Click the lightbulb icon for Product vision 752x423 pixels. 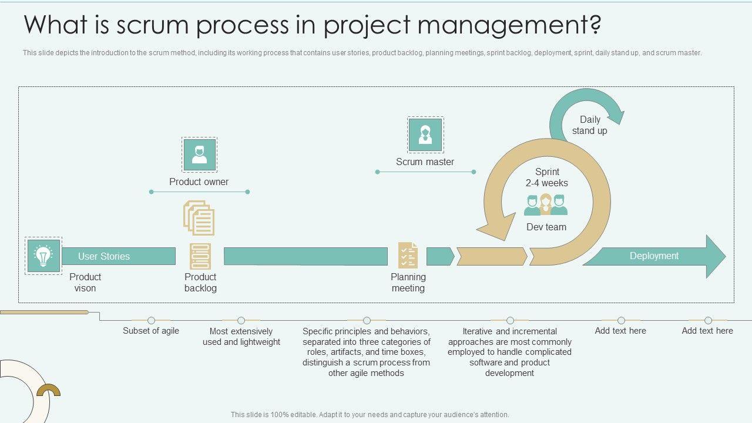point(43,256)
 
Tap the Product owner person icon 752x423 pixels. point(199,155)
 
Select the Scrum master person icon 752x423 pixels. point(425,135)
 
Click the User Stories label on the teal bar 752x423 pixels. point(104,256)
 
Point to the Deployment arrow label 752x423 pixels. point(654,256)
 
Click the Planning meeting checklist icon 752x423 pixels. point(408,256)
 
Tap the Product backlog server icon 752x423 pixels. point(200,257)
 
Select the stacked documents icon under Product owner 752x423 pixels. point(199,218)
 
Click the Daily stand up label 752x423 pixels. point(590,125)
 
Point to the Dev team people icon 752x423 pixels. point(546,205)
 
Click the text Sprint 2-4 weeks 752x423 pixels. point(547,177)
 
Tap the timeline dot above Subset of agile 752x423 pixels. point(151,320)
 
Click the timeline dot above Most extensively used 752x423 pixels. point(241,320)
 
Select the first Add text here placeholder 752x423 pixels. point(620,331)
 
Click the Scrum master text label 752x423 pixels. point(425,162)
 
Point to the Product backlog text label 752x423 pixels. point(200,283)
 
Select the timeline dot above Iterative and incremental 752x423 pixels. point(510,320)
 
